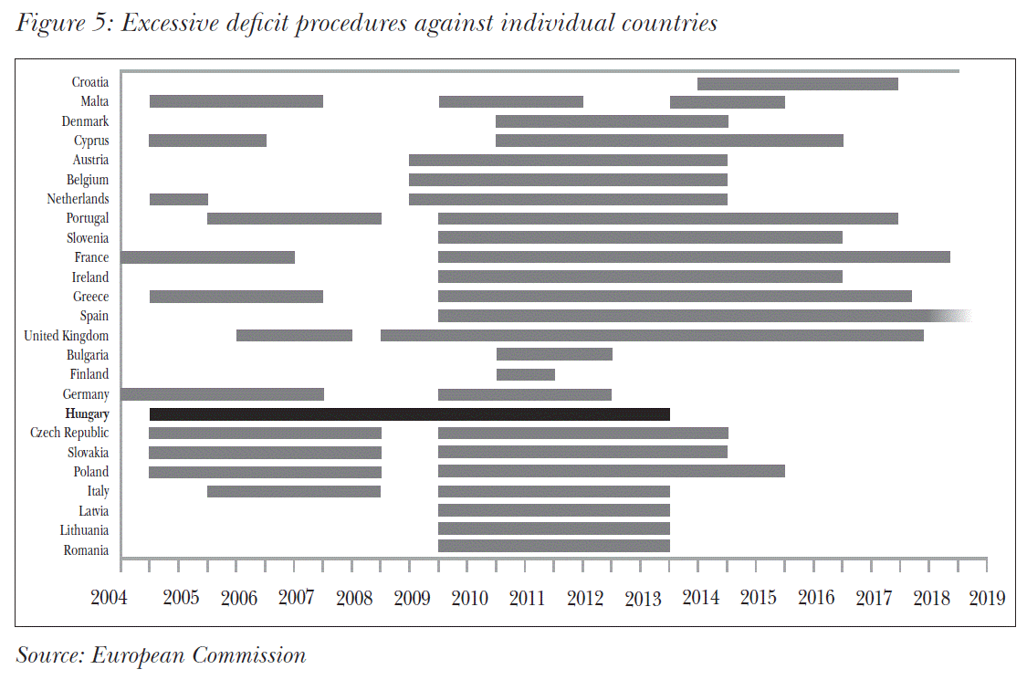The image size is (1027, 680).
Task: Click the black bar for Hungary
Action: pyautogui.click(x=409, y=414)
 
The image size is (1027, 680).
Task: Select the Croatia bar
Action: pyautogui.click(x=797, y=84)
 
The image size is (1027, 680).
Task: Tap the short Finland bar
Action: pyautogui.click(x=525, y=374)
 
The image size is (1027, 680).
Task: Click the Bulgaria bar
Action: pyautogui.click(x=553, y=354)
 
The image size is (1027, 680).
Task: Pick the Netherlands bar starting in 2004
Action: pyautogui.click(x=178, y=199)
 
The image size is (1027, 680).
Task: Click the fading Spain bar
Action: pyautogui.click(x=703, y=316)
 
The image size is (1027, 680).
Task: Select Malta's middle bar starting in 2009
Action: pyautogui.click(x=510, y=101)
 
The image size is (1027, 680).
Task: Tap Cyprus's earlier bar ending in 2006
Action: pyautogui.click(x=207, y=141)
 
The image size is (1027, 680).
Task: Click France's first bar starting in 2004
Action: pyautogui.click(x=207, y=257)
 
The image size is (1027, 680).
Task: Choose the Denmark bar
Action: pyautogui.click(x=612, y=121)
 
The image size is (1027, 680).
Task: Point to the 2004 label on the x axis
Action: pyautogui.click(x=109, y=599)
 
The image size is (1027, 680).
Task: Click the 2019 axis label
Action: pyautogui.click(x=987, y=599)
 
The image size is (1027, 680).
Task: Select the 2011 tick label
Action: pyautogui.click(x=526, y=599)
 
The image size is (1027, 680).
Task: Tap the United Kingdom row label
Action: pyautogui.click(x=66, y=336)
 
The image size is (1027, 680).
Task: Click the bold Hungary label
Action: pyautogui.click(x=87, y=414)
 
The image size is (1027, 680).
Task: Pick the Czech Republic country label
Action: pyautogui.click(x=68, y=433)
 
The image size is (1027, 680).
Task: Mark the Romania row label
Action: pyautogui.click(x=86, y=550)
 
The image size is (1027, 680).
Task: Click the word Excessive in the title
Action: pyautogui.click(x=173, y=24)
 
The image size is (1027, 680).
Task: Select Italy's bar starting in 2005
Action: pyautogui.click(x=293, y=491)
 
